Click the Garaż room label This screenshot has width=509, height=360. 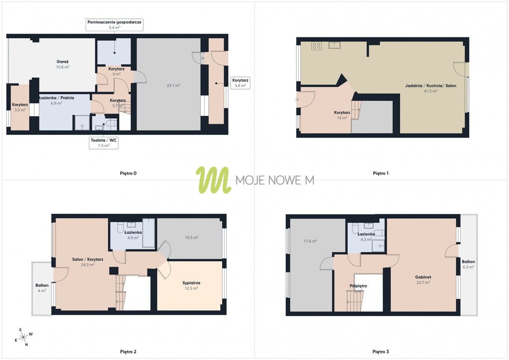(x=63, y=62)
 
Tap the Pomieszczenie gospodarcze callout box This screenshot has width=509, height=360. (x=114, y=25)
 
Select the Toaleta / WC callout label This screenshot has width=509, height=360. (x=103, y=143)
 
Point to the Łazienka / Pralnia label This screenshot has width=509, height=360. (x=57, y=98)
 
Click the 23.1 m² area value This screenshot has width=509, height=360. (x=173, y=86)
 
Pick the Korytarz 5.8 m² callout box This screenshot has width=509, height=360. (x=240, y=83)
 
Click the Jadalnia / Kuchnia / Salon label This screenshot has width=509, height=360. (x=430, y=86)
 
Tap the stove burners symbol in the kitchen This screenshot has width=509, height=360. (x=317, y=46)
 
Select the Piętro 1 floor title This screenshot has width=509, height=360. (x=380, y=174)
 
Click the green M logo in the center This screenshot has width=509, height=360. (x=213, y=180)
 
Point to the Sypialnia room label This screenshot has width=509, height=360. (x=191, y=283)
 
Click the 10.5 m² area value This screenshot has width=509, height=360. (x=191, y=238)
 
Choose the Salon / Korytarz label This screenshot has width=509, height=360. (x=87, y=260)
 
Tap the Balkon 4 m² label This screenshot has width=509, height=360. (x=42, y=288)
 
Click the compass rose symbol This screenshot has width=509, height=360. (x=23, y=338)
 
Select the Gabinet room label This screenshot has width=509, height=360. (x=423, y=277)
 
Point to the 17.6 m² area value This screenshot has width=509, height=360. (x=310, y=241)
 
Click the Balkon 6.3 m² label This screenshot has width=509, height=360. (x=468, y=264)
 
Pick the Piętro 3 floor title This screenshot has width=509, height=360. (x=380, y=352)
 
